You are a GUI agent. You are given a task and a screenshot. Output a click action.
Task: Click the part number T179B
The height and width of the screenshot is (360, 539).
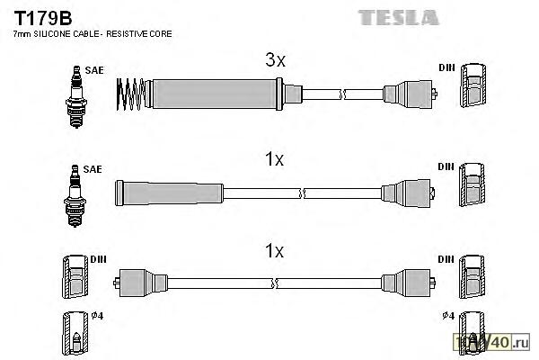(38, 16)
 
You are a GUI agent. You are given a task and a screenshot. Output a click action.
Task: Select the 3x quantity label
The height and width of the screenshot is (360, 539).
(275, 61)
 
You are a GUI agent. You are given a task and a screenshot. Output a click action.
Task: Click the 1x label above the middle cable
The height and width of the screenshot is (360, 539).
(275, 160)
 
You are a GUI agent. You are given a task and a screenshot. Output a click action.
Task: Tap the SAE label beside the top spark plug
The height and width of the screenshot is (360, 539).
(93, 68)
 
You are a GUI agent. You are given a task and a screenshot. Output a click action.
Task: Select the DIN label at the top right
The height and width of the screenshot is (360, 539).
(446, 68)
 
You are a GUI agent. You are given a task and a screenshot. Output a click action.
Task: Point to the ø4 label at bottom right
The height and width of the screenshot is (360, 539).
(446, 316)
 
